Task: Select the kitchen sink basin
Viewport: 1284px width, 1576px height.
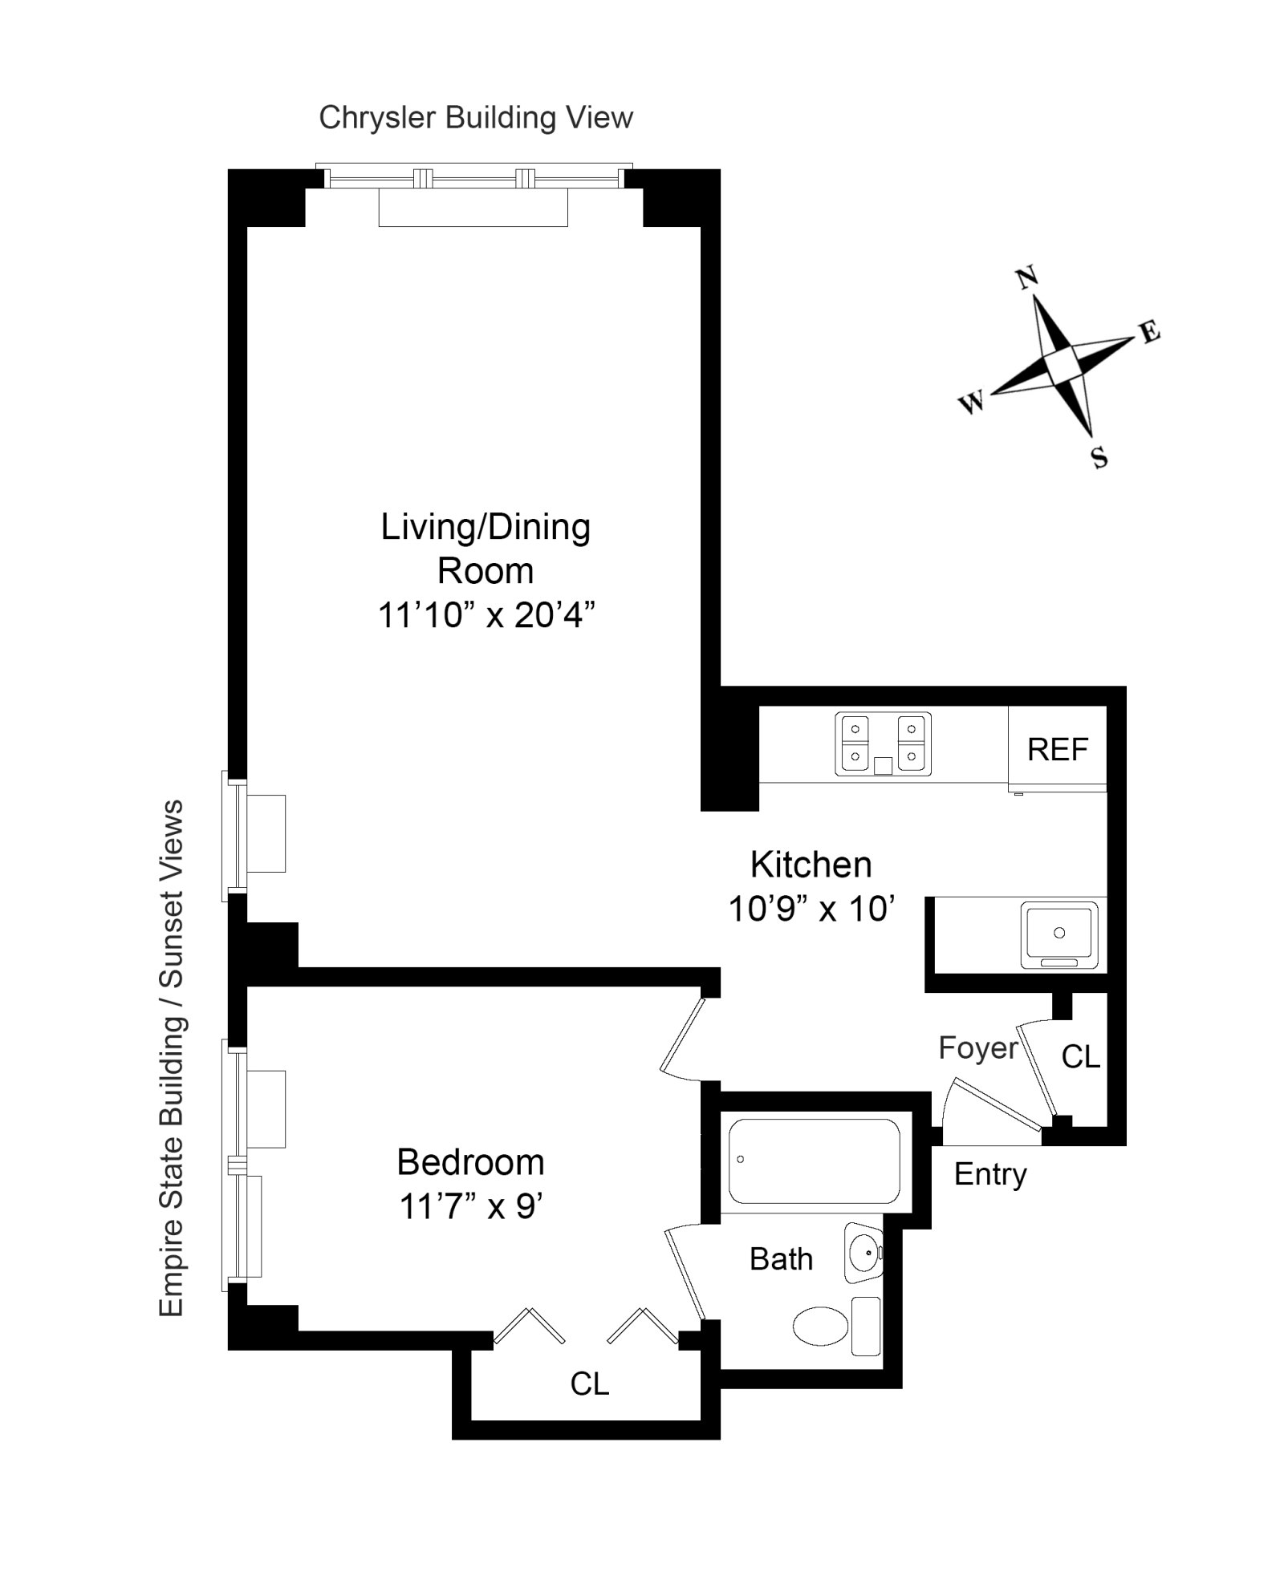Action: pos(1058,933)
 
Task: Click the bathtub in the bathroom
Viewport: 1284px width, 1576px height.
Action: pos(814,1161)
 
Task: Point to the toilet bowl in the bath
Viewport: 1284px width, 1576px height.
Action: pos(820,1326)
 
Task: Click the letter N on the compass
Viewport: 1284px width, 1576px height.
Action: pos(1027,278)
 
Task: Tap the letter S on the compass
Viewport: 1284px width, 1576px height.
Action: pos(1099,458)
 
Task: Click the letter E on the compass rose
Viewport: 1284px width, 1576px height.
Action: pos(1150,331)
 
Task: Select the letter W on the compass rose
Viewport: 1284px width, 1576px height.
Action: pos(972,402)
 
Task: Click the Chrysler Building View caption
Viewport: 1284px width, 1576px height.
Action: pos(476,118)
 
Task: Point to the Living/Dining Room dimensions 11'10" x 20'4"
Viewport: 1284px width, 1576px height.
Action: pos(486,616)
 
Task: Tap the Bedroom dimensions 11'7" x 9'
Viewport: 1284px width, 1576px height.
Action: pos(471,1206)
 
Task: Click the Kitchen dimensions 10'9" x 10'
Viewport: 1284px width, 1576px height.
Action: pos(811,910)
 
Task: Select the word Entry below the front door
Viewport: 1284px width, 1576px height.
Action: pos(989,1174)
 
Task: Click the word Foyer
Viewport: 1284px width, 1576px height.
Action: pos(977,1047)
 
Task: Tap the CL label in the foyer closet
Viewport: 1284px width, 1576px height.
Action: pos(1080,1057)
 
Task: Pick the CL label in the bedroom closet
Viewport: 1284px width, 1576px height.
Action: pos(590,1384)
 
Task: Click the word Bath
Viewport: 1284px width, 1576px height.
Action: pos(780,1259)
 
